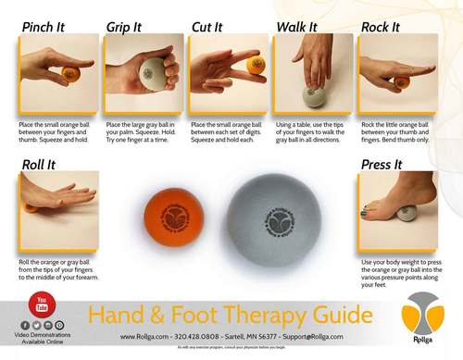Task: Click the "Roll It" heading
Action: click(40, 165)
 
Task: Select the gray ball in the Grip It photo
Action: click(152, 71)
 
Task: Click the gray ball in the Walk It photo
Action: click(309, 93)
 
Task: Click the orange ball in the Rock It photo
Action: click(401, 82)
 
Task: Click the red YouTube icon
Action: click(40, 302)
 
